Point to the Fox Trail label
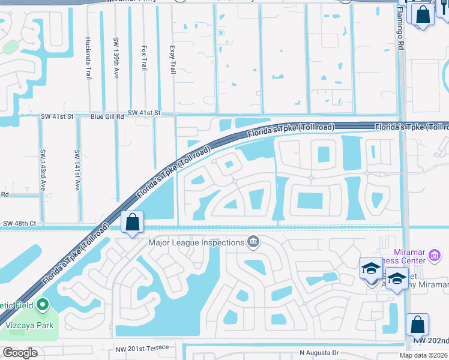point(144,58)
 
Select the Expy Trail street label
point(173,58)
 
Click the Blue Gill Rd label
point(107,116)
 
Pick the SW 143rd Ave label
point(42,170)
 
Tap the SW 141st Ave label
point(77,170)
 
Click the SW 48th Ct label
point(20,223)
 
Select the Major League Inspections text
point(197,242)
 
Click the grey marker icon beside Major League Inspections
point(253,242)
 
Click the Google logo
point(20,353)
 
